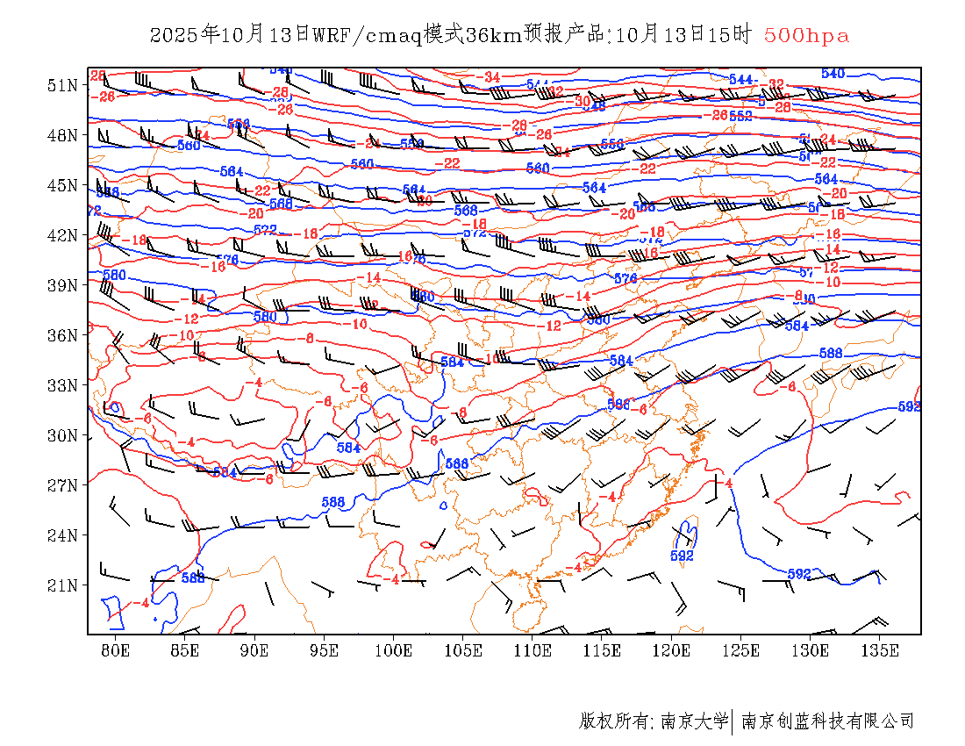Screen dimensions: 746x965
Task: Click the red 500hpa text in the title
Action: click(806, 35)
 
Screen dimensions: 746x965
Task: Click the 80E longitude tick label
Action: click(116, 650)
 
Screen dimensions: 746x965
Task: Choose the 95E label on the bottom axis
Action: click(325, 650)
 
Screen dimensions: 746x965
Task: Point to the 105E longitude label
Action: click(463, 650)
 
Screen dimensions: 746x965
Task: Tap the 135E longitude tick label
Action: click(881, 650)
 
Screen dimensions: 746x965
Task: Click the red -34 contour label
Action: click(490, 77)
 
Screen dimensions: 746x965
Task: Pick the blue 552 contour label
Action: click(740, 116)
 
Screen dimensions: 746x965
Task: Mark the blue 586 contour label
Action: click(618, 405)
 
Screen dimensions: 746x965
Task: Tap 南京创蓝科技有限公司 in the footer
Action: click(827, 721)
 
